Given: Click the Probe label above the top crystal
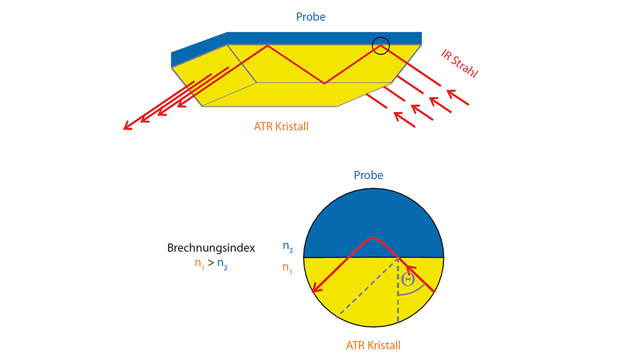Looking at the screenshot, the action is click(x=311, y=17).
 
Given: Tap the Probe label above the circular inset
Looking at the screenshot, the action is click(x=369, y=176).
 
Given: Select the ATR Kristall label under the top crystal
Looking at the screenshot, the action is click(x=281, y=127).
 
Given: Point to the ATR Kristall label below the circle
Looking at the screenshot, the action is click(x=373, y=345).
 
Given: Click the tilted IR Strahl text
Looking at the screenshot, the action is click(x=459, y=63).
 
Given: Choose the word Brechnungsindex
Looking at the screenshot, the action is click(x=211, y=248).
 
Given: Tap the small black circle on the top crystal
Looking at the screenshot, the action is click(x=381, y=37).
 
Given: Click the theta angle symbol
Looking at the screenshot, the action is click(x=408, y=279).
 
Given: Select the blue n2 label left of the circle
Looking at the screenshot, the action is click(x=288, y=246).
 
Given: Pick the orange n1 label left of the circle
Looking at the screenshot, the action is click(x=287, y=268).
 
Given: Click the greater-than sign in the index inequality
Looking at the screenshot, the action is click(x=211, y=262).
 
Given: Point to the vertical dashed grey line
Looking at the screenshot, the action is click(x=398, y=289).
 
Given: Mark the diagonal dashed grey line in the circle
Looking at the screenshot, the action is click(x=367, y=287).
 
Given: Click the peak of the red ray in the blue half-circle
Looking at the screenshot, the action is click(x=373, y=238).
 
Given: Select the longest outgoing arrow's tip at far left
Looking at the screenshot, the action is click(x=124, y=129).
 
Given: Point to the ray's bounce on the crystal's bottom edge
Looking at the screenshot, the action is click(x=324, y=83).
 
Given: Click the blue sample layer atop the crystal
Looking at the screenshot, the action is click(x=296, y=43).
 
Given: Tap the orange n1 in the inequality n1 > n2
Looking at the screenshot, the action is click(x=199, y=264).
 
